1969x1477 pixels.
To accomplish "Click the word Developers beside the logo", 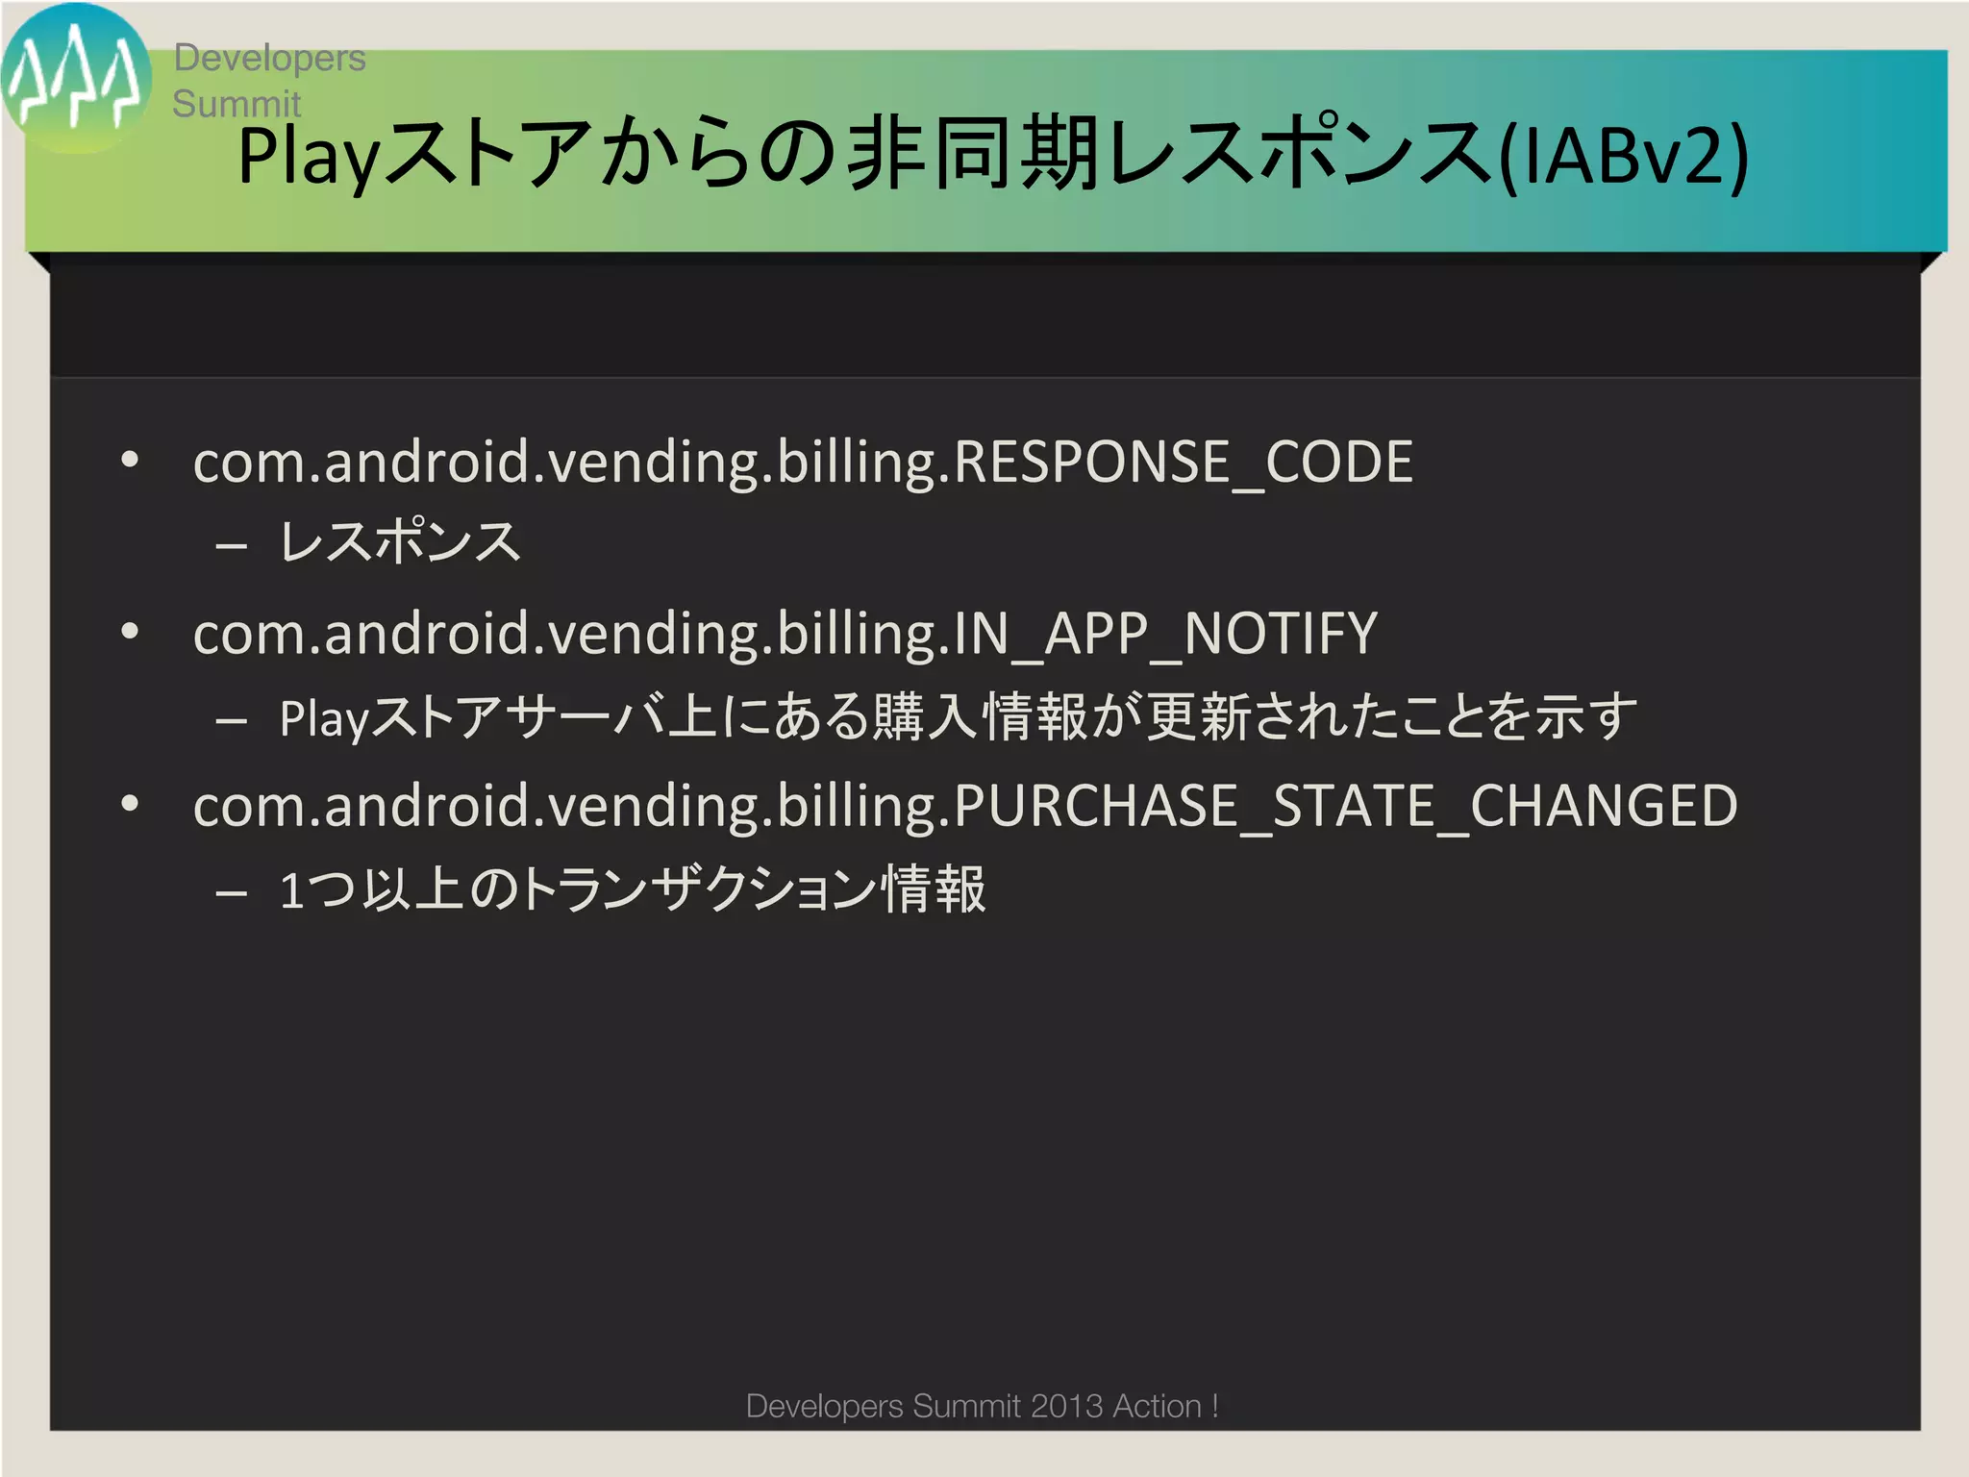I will click(269, 58).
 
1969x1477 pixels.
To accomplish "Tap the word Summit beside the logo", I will click(237, 104).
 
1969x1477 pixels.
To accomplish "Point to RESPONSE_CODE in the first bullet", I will click(1183, 463).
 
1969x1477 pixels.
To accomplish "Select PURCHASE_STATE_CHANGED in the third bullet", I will click(1345, 806).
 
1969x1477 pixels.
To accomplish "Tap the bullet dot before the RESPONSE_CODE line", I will click(130, 460).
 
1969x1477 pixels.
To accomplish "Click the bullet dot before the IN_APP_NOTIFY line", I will click(130, 632).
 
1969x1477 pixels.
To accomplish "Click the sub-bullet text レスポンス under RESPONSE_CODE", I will click(400, 541).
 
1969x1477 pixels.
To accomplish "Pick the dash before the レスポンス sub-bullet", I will click(232, 547).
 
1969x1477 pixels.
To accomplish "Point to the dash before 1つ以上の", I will click(232, 893).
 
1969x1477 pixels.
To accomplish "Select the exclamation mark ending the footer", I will click(1215, 1406).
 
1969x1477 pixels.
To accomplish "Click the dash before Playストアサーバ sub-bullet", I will click(232, 720).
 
